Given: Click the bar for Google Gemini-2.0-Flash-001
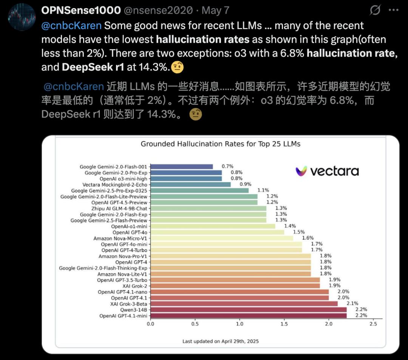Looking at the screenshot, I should [182, 167].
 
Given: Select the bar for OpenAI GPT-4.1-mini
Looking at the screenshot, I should [249, 316].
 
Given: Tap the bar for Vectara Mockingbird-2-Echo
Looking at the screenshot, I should [190, 185].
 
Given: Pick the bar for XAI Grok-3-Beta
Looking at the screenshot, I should [244, 304].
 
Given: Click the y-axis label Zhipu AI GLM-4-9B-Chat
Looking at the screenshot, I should [119, 209].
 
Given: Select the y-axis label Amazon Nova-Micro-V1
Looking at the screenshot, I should [120, 238].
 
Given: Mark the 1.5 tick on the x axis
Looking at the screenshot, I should [284, 324].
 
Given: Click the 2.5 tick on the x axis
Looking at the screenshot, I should [373, 324].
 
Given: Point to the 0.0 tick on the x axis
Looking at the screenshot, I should [150, 324].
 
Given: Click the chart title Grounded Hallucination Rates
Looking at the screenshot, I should [220, 144].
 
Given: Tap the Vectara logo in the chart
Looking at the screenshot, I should [327, 171].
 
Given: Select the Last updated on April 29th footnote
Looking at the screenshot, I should [220, 341].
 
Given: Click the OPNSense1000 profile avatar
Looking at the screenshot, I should [21, 17].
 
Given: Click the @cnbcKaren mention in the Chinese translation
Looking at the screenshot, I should [74, 87].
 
